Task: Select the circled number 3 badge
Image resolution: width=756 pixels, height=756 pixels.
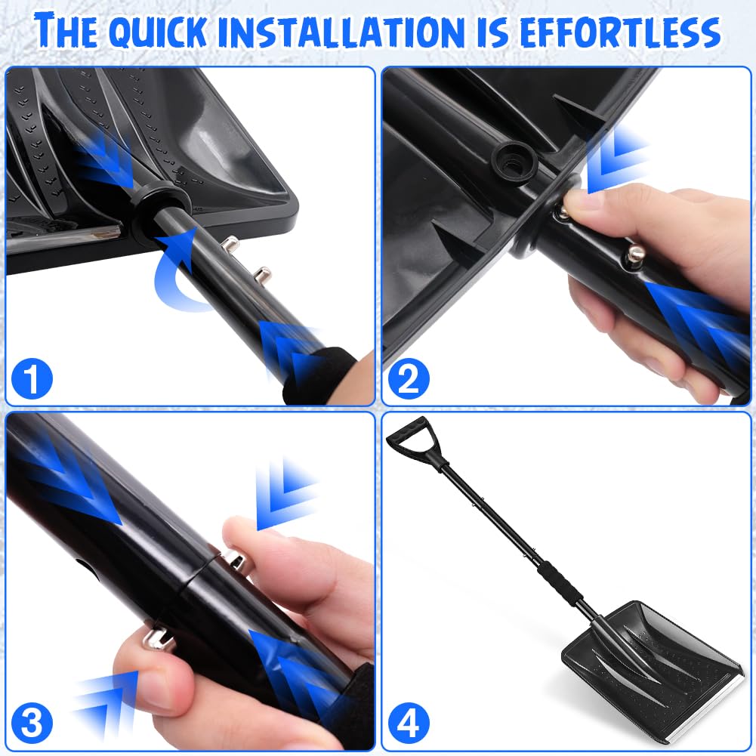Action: pos(32,724)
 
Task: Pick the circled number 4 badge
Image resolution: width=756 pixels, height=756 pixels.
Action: pos(408,724)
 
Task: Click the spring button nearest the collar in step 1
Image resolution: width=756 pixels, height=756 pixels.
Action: pos(231,245)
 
